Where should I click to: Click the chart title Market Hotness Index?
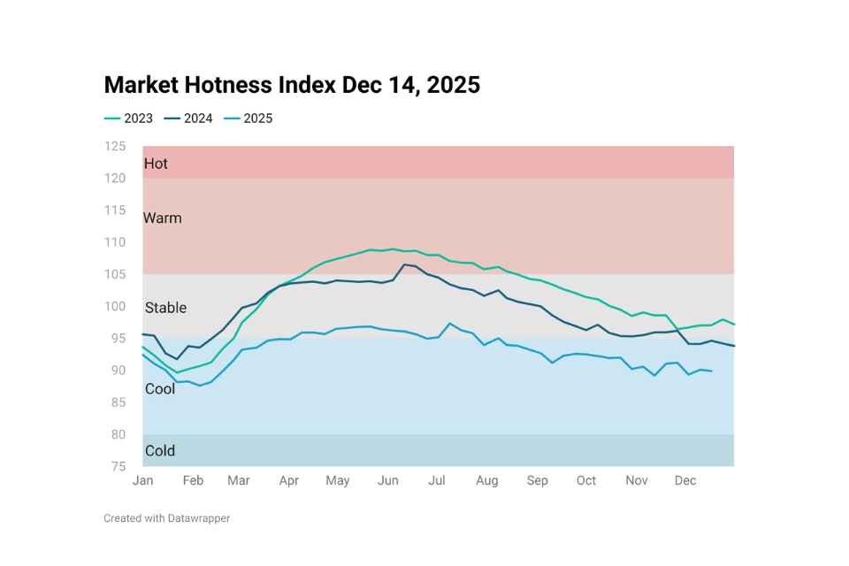pos(292,85)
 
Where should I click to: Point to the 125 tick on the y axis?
pos(115,146)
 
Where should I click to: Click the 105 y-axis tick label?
pos(115,274)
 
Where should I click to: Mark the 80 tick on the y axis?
pos(118,434)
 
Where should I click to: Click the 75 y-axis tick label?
pos(118,466)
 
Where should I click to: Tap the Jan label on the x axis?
pos(142,481)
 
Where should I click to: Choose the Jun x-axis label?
pos(387,481)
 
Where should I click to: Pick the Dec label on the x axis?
pos(685,481)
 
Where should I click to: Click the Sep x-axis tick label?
pos(537,481)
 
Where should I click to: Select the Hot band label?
pos(156,164)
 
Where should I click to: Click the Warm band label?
pos(163,218)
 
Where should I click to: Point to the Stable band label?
pos(165,308)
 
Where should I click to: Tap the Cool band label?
pos(160,389)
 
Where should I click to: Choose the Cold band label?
pos(160,451)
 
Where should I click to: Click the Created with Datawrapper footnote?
pos(166,518)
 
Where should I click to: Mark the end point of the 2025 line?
pos(712,371)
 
